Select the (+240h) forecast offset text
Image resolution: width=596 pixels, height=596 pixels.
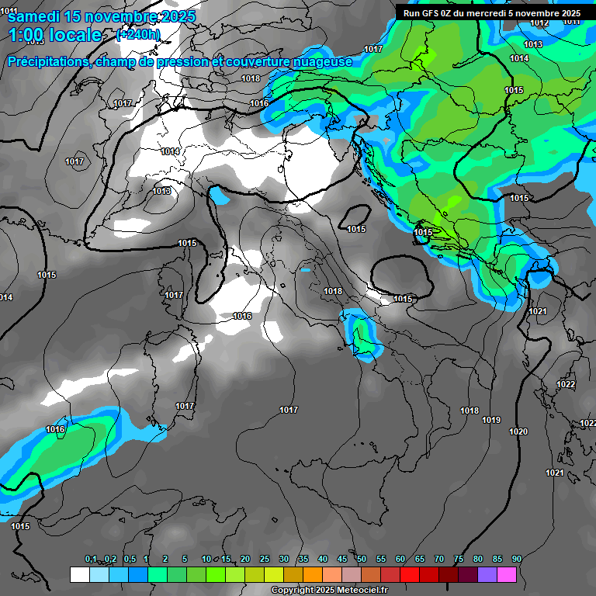138,35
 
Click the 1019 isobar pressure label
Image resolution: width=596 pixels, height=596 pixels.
491,421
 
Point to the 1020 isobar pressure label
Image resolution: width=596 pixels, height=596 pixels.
518,431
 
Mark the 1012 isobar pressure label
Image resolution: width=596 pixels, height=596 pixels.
539,23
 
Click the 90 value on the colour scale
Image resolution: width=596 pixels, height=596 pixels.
517,559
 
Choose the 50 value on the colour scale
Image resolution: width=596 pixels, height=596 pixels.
362,559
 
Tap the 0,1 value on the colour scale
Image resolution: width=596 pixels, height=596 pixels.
90,559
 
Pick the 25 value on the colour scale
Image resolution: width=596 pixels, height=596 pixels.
265,559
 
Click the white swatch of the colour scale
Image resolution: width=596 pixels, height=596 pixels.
79,574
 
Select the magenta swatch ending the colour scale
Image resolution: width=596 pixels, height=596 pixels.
507,574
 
